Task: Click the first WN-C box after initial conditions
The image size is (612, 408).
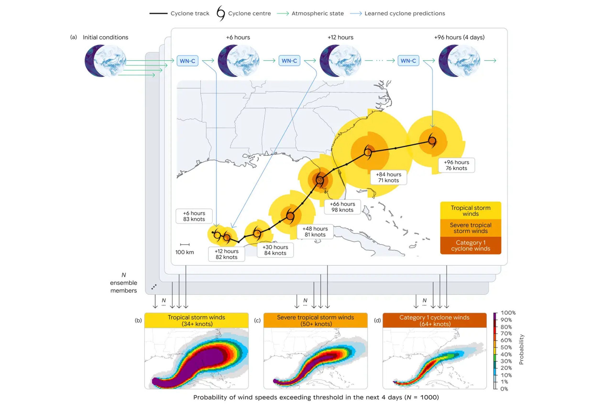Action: [187, 61]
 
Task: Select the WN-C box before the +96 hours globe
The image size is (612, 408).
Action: [408, 61]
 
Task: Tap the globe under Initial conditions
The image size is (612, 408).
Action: [105, 61]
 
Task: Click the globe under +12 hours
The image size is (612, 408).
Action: [340, 61]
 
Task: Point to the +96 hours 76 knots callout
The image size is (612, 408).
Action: [456, 165]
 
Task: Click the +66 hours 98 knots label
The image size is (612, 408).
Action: [342, 207]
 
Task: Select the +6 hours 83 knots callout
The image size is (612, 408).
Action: [194, 216]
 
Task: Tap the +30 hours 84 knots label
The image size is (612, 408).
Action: [275, 250]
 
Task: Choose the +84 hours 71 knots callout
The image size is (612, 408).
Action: [388, 177]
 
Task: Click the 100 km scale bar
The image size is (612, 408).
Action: [185, 245]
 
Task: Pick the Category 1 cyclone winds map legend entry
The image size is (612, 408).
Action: [471, 245]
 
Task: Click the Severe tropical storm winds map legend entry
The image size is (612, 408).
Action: [471, 228]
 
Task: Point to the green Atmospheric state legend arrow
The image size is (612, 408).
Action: [283, 14]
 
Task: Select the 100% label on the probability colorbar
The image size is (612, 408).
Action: [508, 312]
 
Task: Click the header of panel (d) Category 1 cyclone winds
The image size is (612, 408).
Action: [435, 320]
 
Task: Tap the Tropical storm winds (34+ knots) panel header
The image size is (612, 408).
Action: [197, 320]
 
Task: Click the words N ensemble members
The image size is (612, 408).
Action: [124, 283]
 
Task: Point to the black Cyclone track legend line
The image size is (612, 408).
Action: [158, 13]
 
